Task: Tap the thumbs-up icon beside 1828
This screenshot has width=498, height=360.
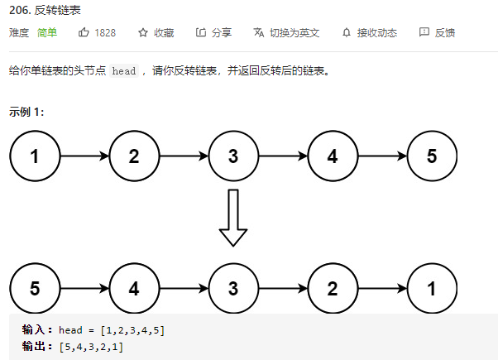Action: coord(84,33)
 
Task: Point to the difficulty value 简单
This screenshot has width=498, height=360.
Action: coord(47,33)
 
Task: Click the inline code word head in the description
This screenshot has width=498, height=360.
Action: coord(124,71)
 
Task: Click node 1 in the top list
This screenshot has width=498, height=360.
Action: coord(35,156)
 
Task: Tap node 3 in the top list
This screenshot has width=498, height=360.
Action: coord(233,156)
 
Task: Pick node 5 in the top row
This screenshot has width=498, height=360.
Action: coord(432,156)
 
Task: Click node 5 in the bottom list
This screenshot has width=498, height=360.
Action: coord(35,289)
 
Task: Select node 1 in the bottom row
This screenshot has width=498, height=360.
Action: coord(432,289)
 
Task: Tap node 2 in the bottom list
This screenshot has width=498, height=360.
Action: coord(333,289)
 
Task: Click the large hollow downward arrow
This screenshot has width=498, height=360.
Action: coord(233,217)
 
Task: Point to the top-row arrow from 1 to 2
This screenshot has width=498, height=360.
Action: coord(84,156)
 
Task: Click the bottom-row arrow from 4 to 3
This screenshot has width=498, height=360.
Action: coord(184,289)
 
